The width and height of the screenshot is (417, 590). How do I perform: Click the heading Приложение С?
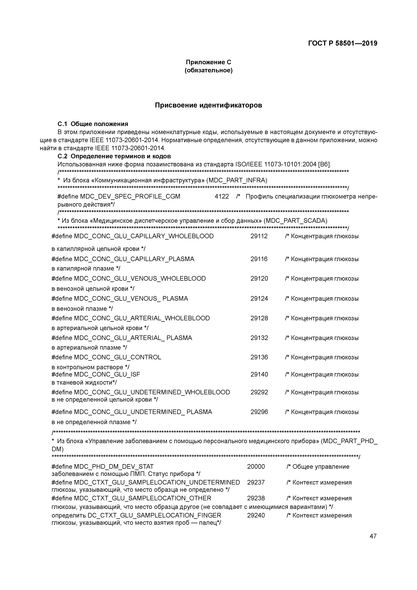click(x=208, y=62)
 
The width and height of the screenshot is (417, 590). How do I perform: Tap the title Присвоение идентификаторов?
click(x=208, y=105)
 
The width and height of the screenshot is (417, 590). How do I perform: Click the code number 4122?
click(x=222, y=196)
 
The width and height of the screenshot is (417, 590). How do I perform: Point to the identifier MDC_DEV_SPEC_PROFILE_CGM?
click(x=130, y=196)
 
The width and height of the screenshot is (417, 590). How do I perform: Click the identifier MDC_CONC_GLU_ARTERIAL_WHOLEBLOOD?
click(x=142, y=318)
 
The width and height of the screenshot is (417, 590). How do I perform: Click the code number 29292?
click(x=259, y=392)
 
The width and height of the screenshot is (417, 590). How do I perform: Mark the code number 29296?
click(x=259, y=412)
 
